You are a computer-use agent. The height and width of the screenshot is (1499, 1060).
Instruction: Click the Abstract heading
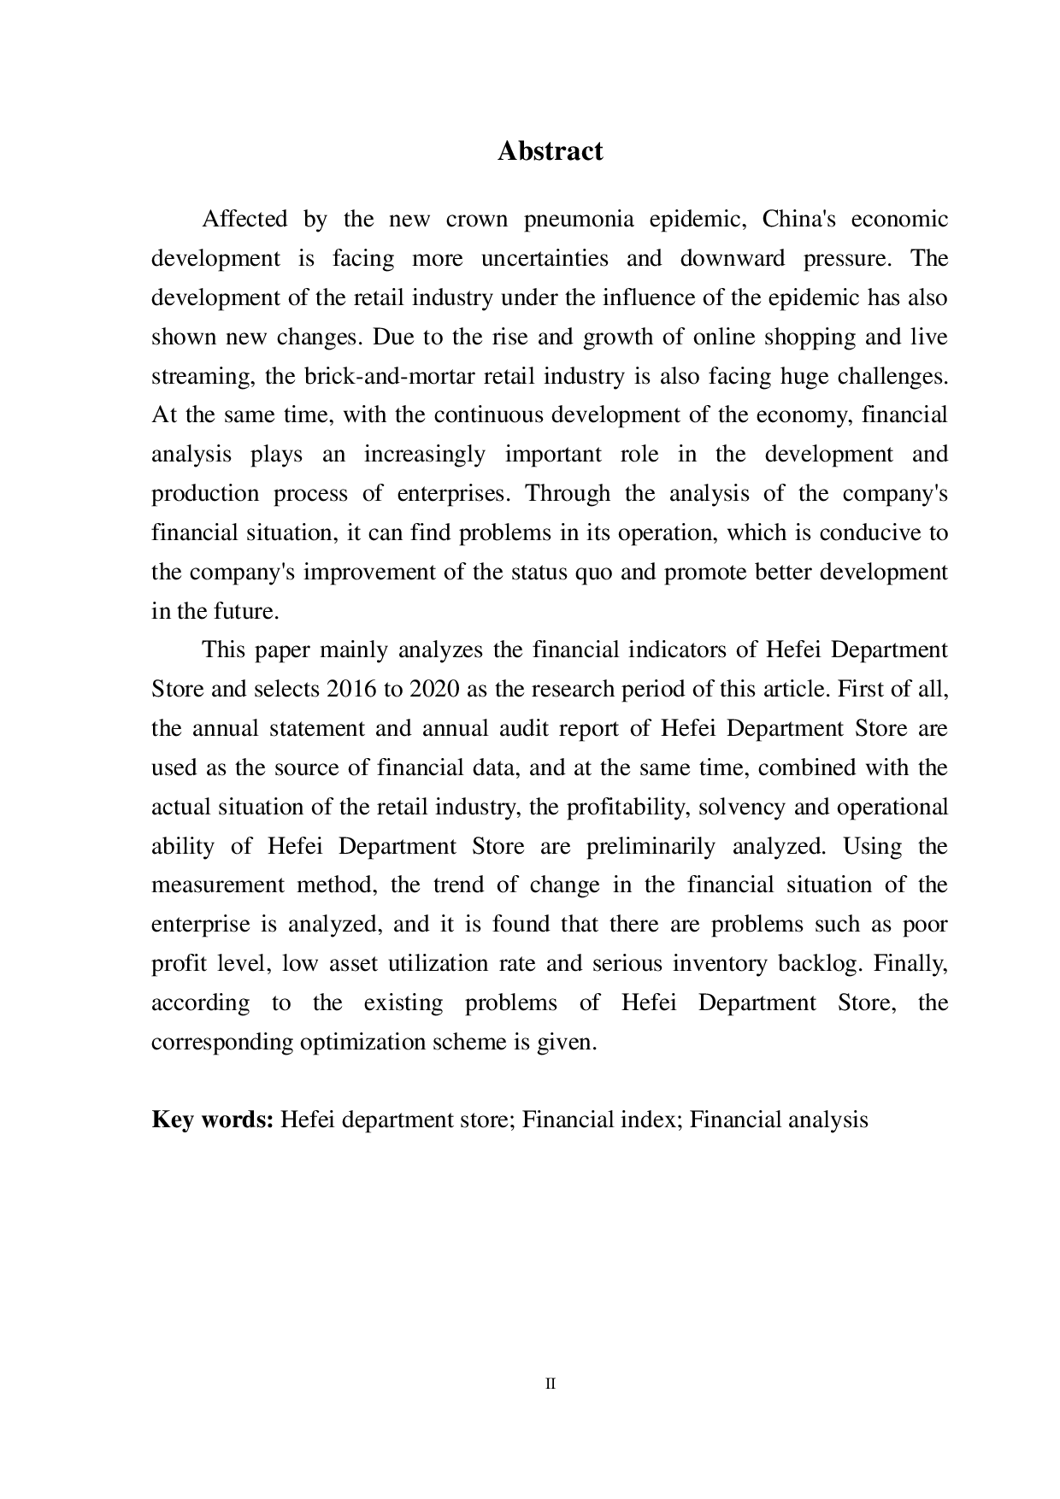coord(550,151)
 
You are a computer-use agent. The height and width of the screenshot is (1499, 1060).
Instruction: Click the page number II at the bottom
coord(550,1384)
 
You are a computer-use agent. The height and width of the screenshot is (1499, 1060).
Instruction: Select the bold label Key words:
coord(212,1120)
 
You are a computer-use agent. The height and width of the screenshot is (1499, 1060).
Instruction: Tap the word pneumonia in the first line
coord(579,220)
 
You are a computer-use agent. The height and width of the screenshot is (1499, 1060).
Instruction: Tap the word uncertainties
coord(545,259)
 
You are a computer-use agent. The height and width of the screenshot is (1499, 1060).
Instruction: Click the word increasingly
coord(424,455)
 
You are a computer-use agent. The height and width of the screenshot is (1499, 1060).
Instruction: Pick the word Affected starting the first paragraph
coord(244,220)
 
